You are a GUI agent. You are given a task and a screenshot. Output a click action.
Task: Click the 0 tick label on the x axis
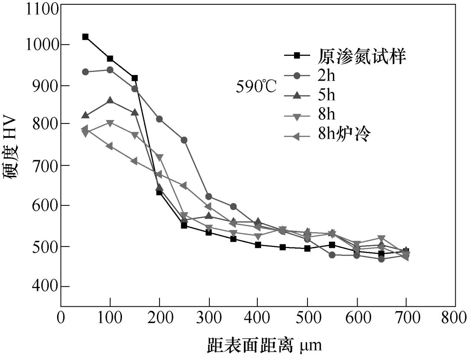click(x=61, y=318)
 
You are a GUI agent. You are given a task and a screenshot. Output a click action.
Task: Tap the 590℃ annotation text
click(x=256, y=87)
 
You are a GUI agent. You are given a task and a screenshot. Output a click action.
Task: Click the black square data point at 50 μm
click(x=85, y=37)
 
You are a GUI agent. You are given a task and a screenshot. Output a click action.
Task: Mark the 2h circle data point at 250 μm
click(x=184, y=140)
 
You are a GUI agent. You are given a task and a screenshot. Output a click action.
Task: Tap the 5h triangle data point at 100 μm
click(x=110, y=101)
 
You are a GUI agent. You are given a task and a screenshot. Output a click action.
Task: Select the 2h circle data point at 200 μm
click(x=159, y=119)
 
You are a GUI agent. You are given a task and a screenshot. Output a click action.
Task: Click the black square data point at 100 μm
click(x=110, y=58)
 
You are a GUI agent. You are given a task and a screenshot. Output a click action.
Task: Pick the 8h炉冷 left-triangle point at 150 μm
click(x=134, y=161)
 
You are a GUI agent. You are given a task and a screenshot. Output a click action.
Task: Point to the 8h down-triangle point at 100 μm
click(x=110, y=123)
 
